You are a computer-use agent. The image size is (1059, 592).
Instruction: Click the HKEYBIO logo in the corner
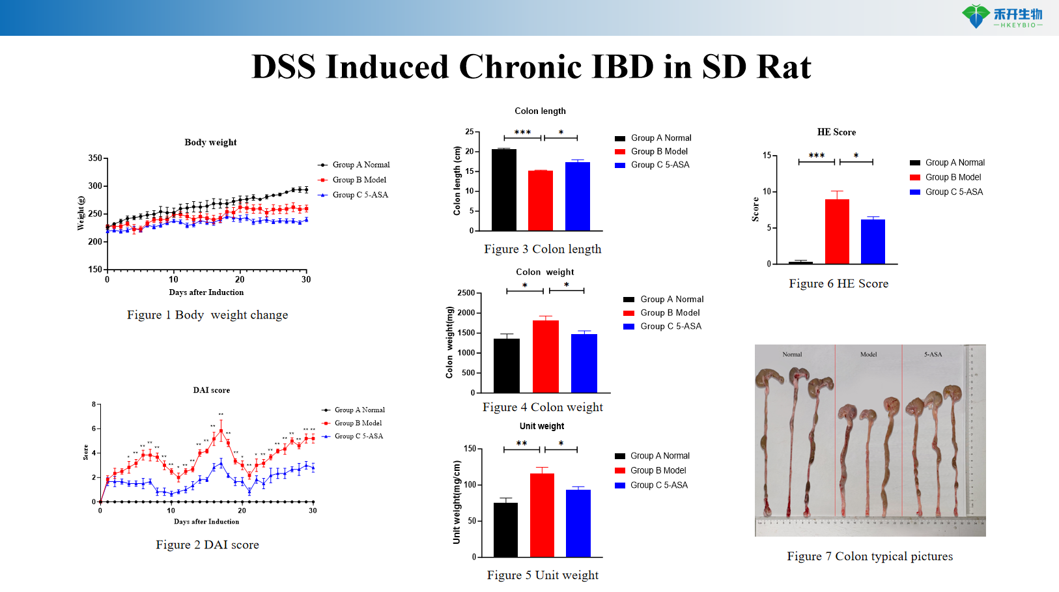point(1002,16)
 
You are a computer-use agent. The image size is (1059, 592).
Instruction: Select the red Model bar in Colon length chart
point(541,201)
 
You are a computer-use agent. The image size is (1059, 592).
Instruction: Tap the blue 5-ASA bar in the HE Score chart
point(873,242)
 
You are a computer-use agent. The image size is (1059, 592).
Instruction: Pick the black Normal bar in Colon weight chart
point(507,365)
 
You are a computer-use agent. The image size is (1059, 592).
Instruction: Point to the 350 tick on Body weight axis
point(95,158)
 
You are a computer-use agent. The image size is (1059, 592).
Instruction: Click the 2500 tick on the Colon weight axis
point(466,293)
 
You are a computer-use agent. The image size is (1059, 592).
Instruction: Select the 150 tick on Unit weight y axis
point(470,449)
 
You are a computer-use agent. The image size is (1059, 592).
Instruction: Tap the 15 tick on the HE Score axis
point(767,156)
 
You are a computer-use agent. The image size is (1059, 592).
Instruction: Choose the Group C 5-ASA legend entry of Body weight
point(360,195)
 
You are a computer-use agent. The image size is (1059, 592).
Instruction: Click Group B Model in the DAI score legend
point(358,423)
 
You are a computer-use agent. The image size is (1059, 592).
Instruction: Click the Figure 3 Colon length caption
point(543,249)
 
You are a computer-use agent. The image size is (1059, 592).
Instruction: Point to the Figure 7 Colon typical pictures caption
point(869,556)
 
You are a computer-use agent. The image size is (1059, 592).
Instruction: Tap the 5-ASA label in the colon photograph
point(933,354)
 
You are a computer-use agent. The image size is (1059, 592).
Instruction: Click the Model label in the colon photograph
point(868,354)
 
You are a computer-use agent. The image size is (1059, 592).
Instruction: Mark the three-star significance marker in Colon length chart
point(522,132)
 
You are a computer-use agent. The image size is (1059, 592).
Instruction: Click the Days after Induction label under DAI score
point(206,522)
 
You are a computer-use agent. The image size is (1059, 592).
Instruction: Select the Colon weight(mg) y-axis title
point(449,343)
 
